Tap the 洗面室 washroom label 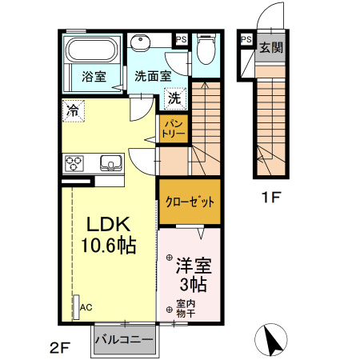152,78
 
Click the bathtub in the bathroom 91,49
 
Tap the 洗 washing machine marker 173,98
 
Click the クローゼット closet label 190,202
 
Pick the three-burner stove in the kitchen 76,164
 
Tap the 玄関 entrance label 270,46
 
